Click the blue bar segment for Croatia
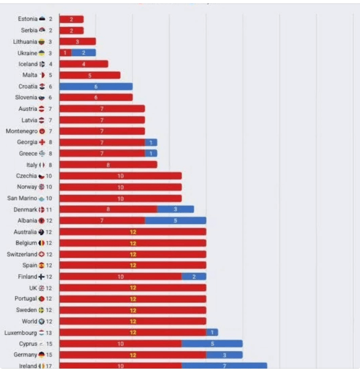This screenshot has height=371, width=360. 96,86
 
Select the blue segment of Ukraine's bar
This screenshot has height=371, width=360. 83,52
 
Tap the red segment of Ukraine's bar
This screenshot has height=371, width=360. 65,52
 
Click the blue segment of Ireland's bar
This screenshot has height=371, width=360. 224,366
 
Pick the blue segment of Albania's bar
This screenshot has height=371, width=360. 175,220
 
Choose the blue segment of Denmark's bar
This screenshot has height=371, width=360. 175,209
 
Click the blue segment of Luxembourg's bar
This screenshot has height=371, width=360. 212,332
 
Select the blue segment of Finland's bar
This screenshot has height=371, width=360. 194,276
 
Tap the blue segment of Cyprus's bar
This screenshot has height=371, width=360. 212,344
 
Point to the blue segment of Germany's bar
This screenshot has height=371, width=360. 224,355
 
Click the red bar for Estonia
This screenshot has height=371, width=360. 71,19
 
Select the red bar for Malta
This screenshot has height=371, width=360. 89,75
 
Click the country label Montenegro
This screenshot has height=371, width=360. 19,131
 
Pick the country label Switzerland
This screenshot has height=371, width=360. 22,254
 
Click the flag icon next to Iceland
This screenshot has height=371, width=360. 42,64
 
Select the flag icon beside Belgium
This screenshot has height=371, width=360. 41,243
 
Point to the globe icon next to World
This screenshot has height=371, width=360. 41,321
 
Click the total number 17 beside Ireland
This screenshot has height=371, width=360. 49,366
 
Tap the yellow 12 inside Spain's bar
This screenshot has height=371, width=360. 133,266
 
